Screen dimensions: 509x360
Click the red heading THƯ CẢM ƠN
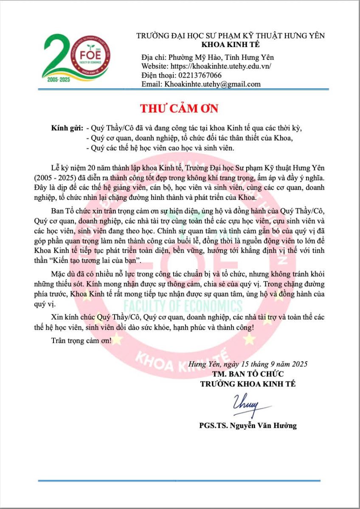pyautogui.click(x=179, y=109)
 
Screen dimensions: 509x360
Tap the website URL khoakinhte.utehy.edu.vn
pyautogui.click(x=220, y=67)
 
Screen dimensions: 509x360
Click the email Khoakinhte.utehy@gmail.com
pyautogui.click(x=211, y=84)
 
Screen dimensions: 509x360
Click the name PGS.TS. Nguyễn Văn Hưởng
pyautogui.click(x=248, y=425)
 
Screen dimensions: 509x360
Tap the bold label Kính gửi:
pyautogui.click(x=67, y=128)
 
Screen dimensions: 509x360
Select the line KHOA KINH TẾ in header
pyautogui.click(x=231, y=45)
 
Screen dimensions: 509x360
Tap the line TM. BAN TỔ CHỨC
pyautogui.click(x=248, y=374)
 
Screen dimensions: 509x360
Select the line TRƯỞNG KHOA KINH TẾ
pyautogui.click(x=248, y=384)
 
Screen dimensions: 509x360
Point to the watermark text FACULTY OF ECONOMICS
pyautogui.click(x=183, y=306)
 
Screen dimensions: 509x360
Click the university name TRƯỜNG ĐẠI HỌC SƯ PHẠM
pyautogui.click(x=231, y=36)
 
